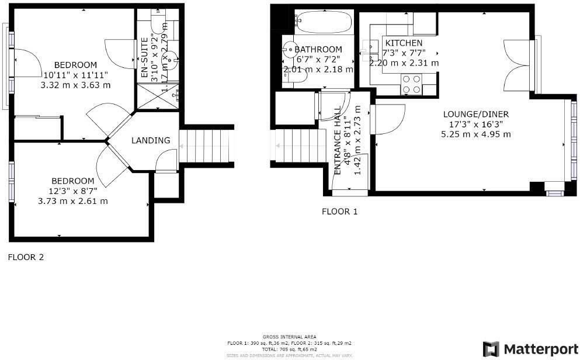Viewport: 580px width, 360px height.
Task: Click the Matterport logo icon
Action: [x=491, y=349]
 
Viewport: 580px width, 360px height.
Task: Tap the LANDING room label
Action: [x=151, y=140]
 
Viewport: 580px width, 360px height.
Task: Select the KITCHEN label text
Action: [x=403, y=43]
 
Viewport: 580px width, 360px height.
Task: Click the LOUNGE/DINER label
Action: [x=475, y=114]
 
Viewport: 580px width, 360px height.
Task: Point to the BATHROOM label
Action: [x=318, y=50]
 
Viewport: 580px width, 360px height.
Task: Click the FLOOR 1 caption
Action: [x=339, y=212]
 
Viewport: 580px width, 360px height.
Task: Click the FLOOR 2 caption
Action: [x=25, y=257]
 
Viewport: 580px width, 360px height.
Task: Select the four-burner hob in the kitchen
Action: [x=411, y=85]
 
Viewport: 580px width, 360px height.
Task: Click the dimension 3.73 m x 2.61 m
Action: [x=72, y=201]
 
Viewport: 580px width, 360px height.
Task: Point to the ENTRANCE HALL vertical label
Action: [x=338, y=140]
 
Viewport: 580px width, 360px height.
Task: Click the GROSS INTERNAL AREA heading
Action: [x=289, y=337]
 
